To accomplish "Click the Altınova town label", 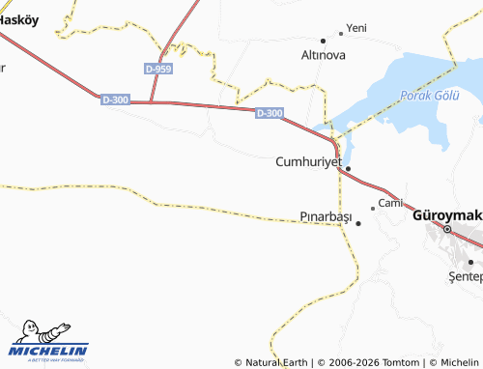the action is click(324, 56).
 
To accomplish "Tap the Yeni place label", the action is click(356, 28).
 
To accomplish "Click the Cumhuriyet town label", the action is click(308, 161).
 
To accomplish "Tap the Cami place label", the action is click(389, 203).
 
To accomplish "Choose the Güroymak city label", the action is click(446, 214).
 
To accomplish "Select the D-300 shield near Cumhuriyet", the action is click(270, 113).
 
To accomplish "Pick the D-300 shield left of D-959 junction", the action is click(114, 99).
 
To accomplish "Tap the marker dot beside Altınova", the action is click(324, 42).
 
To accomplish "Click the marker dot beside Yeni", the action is click(340, 32).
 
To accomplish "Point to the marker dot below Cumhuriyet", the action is click(348, 169).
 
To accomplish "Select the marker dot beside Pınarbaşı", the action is click(358, 223).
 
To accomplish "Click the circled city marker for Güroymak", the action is click(447, 230).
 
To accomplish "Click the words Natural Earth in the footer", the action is click(279, 362).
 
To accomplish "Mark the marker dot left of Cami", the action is click(373, 208).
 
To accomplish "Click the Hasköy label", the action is click(18, 20).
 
